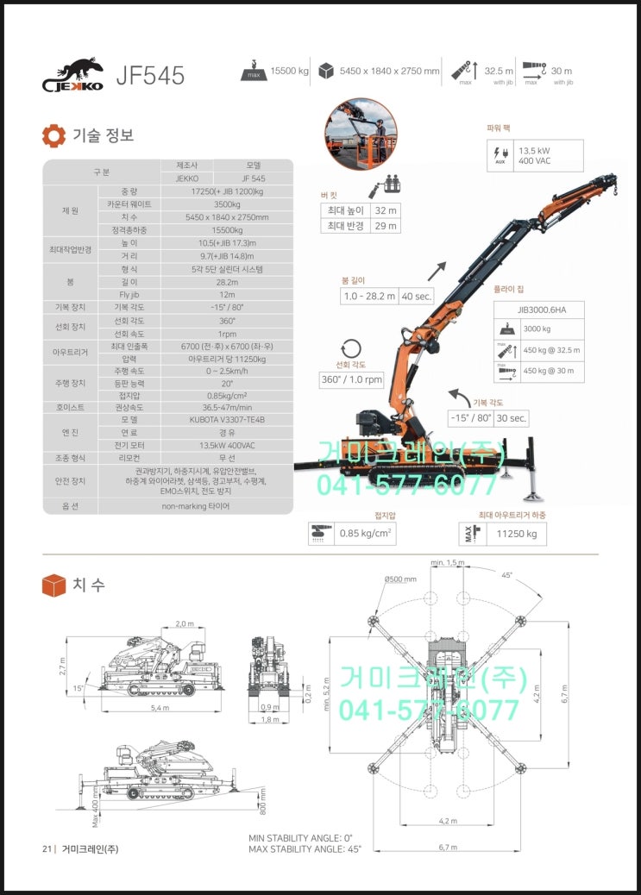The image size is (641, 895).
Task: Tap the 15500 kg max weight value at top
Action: [x=289, y=72]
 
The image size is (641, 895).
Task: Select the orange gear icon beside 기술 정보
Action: [x=53, y=135]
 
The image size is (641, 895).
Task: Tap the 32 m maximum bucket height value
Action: [x=385, y=210]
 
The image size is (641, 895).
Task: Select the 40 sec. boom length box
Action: [x=416, y=297]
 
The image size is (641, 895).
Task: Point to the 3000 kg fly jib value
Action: [x=538, y=329]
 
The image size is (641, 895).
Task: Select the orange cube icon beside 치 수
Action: [x=53, y=585]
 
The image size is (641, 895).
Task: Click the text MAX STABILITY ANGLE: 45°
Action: [x=305, y=848]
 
